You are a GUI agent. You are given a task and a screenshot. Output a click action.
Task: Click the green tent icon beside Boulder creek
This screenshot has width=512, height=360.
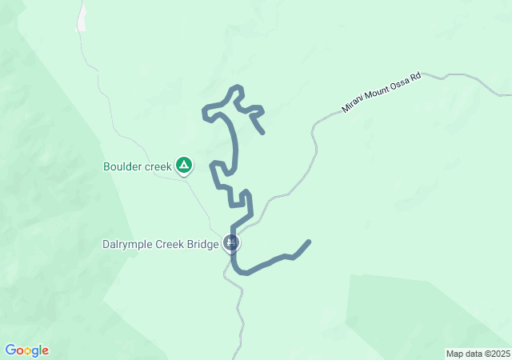coord(184,166)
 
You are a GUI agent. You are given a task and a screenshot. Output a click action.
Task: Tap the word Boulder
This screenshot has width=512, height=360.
coord(122,167)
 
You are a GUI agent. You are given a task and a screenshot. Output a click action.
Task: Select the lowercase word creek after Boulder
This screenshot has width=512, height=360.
coord(158,167)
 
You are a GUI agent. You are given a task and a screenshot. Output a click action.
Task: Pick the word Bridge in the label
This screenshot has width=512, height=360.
coord(203,245)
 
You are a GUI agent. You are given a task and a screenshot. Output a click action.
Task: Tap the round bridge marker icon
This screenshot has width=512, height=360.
coord(232,243)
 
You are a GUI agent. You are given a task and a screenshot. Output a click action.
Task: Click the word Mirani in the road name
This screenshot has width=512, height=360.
coord(353,104)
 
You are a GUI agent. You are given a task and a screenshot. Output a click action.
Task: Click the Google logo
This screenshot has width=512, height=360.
coord(26,350)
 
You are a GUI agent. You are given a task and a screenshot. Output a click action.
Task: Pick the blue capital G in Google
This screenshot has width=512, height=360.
coord(10,350)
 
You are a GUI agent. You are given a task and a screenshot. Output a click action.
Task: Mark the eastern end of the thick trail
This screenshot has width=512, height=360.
coord(309,242)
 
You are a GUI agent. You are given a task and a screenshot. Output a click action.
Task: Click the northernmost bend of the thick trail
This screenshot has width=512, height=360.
coord(236,86)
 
